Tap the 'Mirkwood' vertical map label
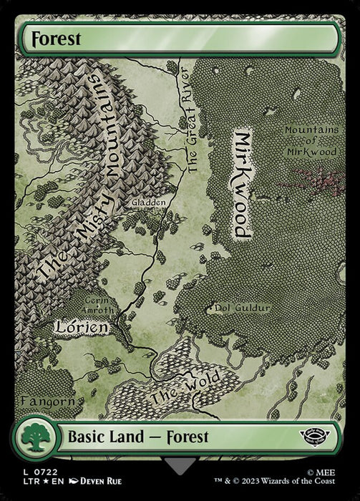click(x=243, y=185)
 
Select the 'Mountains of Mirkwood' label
click(x=311, y=141)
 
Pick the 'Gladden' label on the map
click(x=149, y=203)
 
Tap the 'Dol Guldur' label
click(x=242, y=309)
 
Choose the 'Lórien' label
click(x=83, y=328)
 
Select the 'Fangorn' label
click(x=48, y=401)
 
